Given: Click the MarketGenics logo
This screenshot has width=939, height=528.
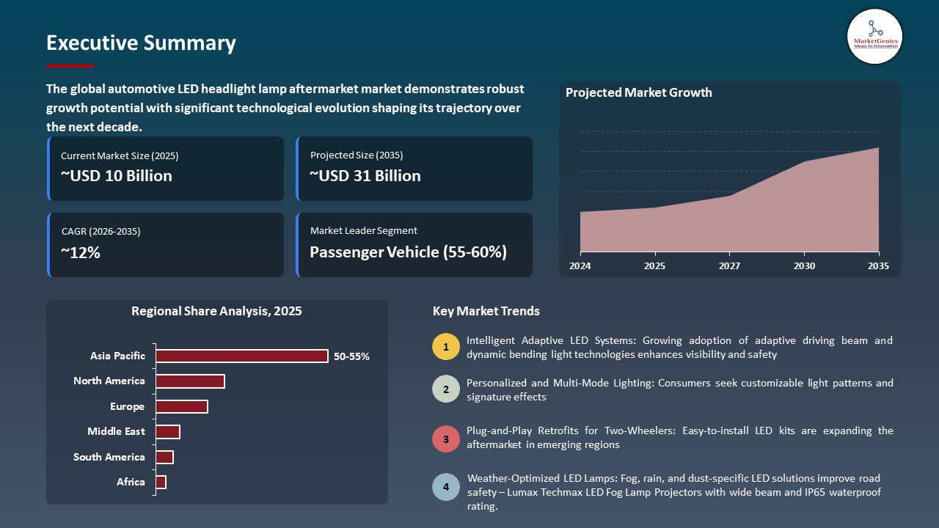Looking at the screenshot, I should [874, 36].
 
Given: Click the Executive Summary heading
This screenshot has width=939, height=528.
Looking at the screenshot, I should [141, 43].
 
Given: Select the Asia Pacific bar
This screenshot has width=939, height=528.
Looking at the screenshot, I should [242, 356].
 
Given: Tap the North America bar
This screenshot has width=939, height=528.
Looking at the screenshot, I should [190, 381].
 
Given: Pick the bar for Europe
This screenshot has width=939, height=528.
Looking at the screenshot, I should [182, 406].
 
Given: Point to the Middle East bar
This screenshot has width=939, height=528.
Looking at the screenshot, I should [168, 432].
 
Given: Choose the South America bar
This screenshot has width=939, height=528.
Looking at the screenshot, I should [164, 457].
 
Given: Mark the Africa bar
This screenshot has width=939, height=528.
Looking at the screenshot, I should [161, 482].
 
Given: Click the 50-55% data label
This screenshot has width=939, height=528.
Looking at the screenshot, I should [351, 356].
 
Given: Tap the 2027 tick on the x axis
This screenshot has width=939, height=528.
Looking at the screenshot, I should [729, 265].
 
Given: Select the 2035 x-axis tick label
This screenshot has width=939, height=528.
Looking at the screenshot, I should [877, 265].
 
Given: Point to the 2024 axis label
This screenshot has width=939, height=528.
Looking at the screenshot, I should [580, 265].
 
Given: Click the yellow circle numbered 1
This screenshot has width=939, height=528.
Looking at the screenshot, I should [446, 347].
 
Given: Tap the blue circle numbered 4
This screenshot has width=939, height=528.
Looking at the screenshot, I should [446, 487].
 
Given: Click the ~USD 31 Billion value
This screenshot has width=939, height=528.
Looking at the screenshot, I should [365, 176].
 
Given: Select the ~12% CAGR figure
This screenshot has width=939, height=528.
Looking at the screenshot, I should [81, 253].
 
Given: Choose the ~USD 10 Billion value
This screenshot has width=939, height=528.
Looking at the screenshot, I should [117, 176].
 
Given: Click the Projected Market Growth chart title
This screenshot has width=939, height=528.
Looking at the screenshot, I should [638, 92].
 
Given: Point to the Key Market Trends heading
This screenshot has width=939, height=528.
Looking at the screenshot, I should [486, 311].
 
